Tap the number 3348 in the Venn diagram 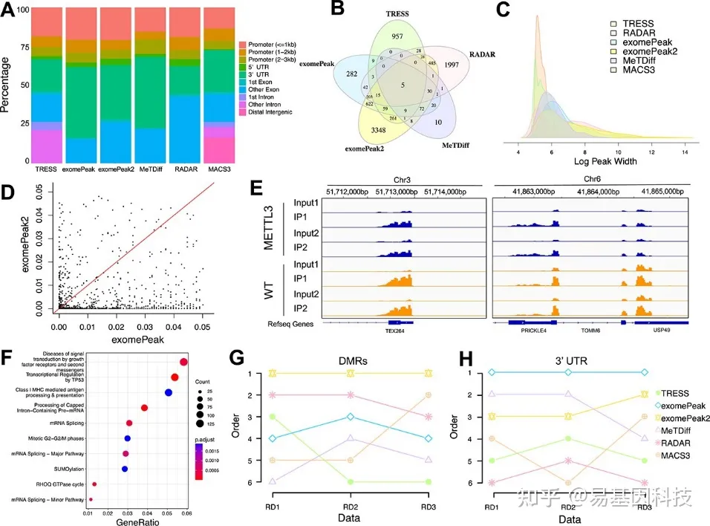(369, 132)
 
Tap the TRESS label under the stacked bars (46, 169)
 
